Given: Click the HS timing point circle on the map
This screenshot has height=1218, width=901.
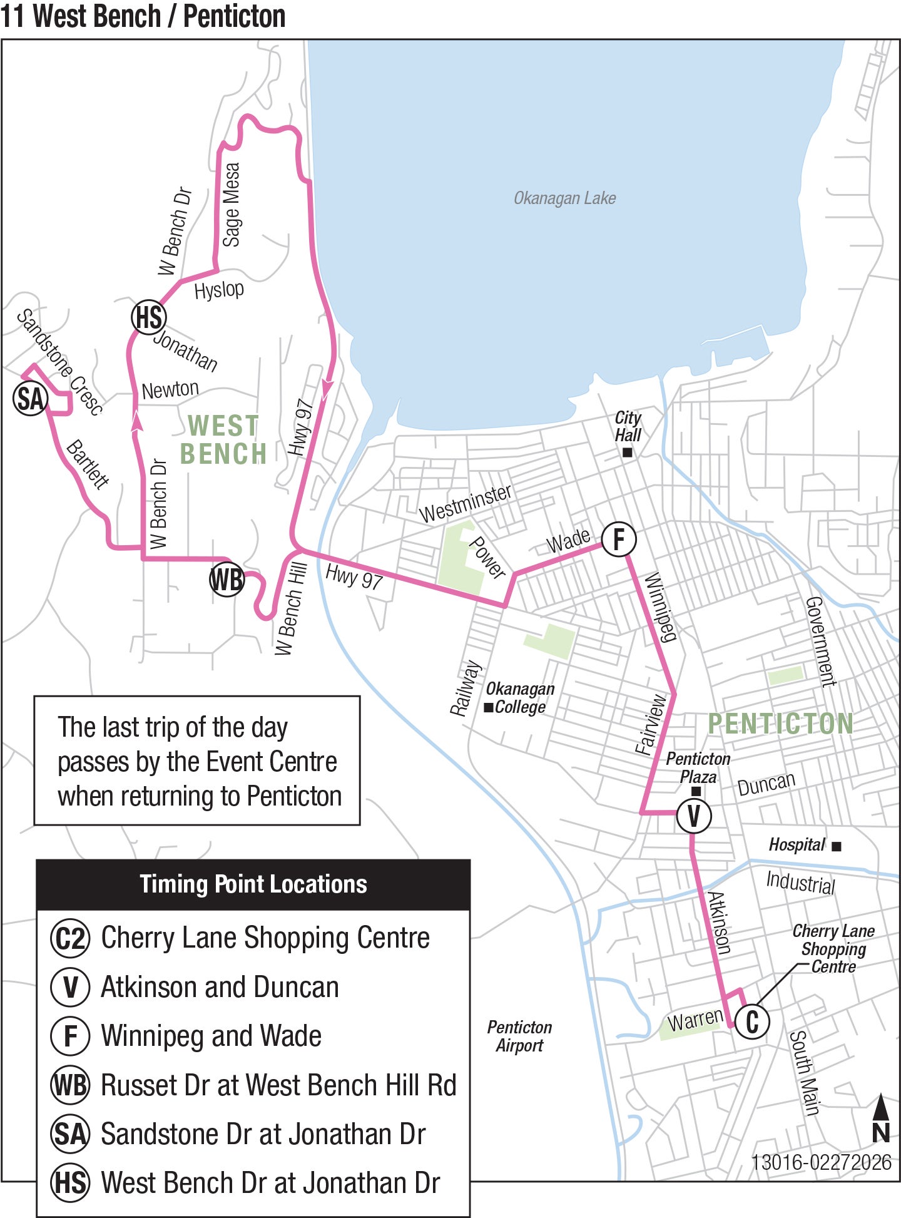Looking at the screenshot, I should pos(149,317).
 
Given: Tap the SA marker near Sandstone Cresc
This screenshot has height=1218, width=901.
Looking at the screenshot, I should pos(30,399).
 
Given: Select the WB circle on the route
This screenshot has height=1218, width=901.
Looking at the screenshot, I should pos(227,580).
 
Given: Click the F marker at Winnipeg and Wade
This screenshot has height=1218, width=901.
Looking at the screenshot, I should pos(619,539).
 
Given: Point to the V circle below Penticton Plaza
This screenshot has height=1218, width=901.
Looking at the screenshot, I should pos(694,816).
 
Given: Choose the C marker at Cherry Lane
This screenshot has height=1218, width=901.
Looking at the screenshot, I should pos(752,1021).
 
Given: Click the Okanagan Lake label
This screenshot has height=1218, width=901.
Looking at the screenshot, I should pos(564,198).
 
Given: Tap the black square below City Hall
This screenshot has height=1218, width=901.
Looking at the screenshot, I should pos(627,452).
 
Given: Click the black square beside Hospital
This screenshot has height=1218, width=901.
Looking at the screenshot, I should pos(837,846).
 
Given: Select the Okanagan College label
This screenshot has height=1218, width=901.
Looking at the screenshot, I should pos(519,698).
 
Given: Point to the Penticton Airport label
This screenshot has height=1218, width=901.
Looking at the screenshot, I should pos(519,1036).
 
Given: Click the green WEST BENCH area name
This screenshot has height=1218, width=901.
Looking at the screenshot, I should pos(223,439).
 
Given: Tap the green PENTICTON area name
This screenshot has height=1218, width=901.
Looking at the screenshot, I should pos(780,724).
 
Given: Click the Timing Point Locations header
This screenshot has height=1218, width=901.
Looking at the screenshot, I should pos(253,884).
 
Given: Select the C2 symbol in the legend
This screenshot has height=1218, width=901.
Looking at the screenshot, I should pos(70,938).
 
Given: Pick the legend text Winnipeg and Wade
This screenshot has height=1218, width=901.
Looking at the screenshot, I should pos(211,1036).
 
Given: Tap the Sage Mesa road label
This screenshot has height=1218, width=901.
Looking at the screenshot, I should pos(231,205).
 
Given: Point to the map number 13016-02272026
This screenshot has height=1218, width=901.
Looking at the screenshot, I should pos(821,1162).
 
